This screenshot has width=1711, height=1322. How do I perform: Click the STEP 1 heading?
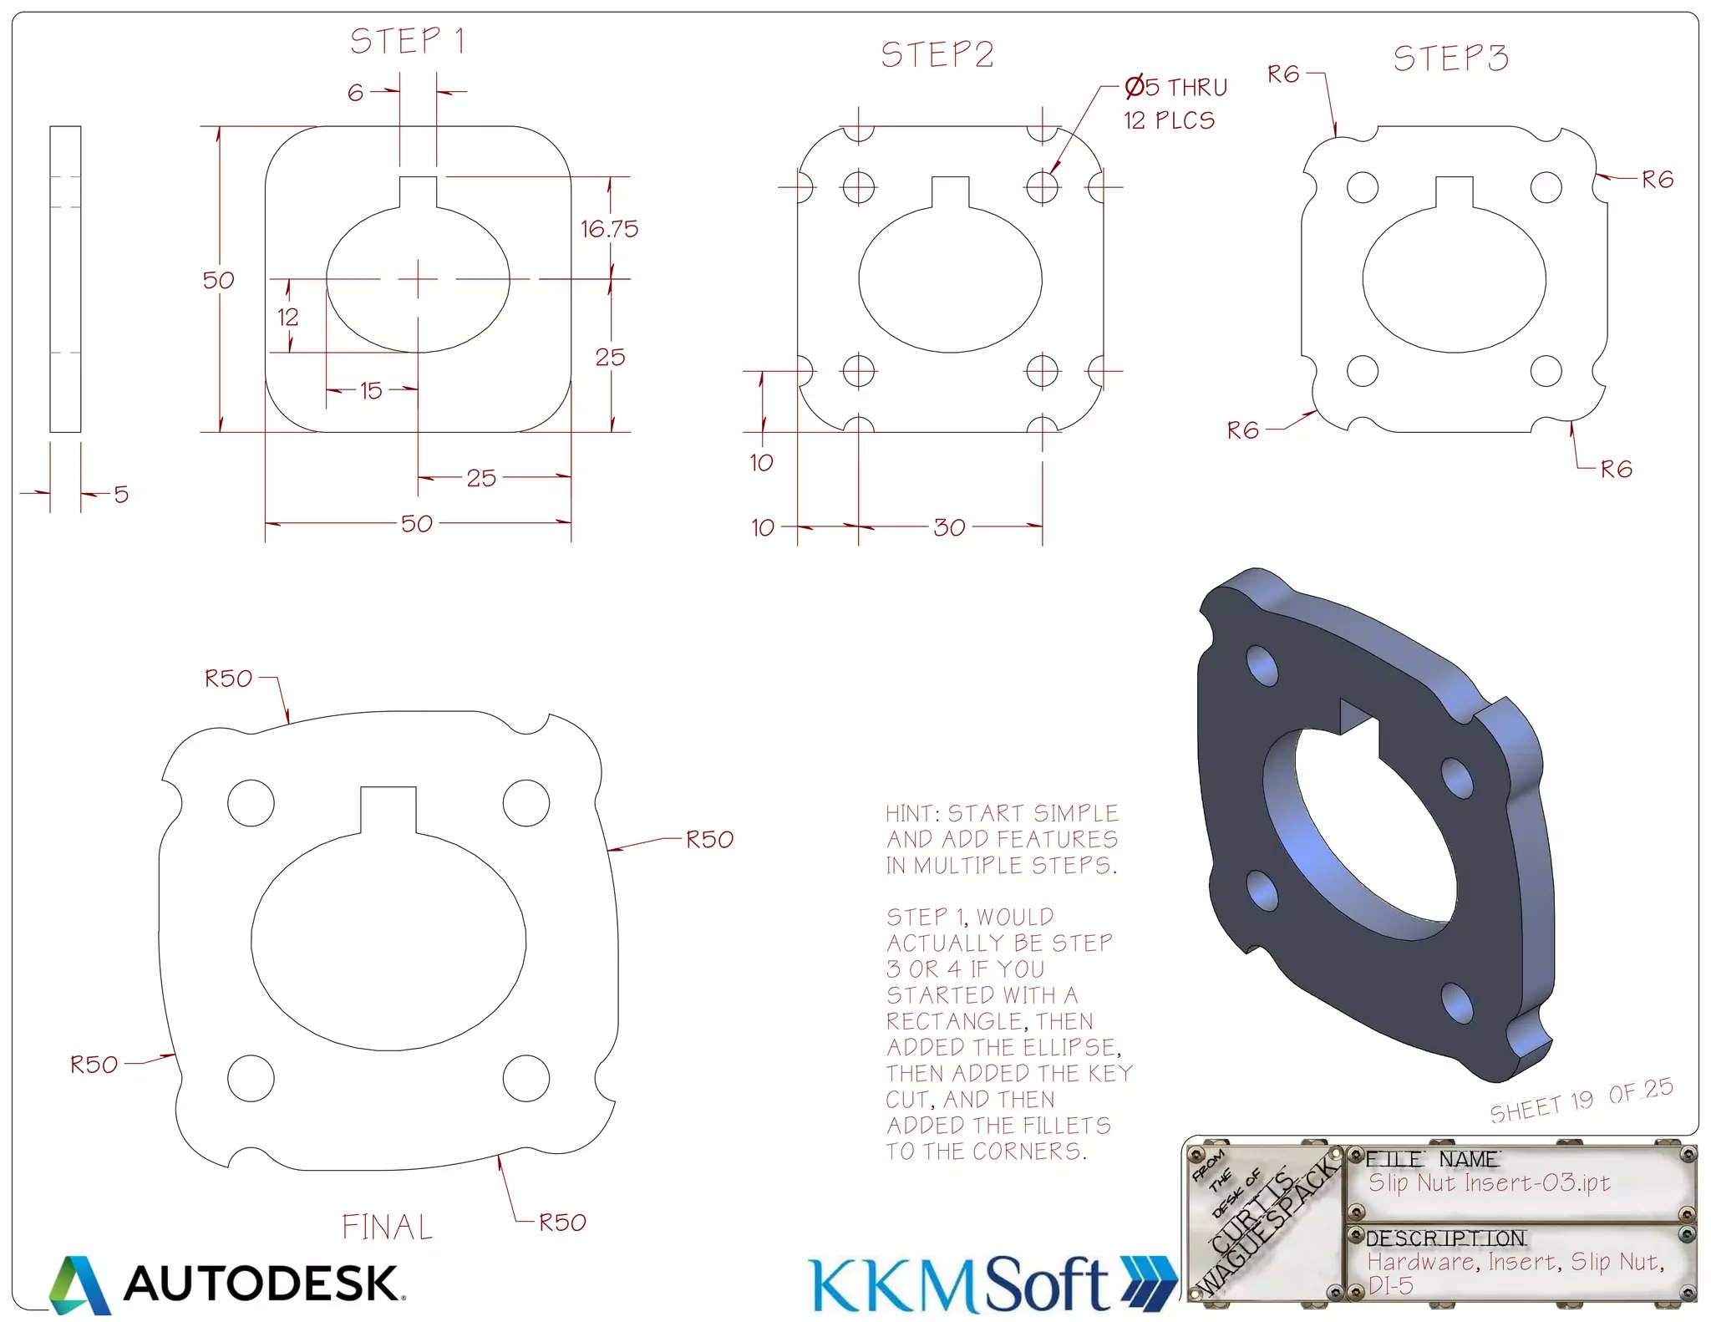pos(407,41)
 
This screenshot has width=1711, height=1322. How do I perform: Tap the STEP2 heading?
pos(937,55)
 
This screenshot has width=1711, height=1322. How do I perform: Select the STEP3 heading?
pos(1450,58)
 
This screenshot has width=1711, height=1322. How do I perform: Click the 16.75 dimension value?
pos(609,229)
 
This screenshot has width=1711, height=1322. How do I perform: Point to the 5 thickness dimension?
pos(121,495)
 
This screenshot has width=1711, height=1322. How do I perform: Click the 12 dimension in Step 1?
pos(287,318)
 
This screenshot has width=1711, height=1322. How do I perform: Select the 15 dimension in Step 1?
pos(371,390)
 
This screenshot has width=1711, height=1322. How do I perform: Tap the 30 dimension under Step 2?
pos(949,527)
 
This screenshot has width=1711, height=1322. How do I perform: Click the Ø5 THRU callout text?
pos(1175,87)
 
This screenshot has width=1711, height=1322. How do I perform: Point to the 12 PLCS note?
pos(1169,121)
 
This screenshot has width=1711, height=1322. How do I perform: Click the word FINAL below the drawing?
pos(387,1227)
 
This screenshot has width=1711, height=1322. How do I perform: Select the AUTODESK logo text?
pos(261,1284)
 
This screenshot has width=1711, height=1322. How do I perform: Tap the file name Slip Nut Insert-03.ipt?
pos(1489,1182)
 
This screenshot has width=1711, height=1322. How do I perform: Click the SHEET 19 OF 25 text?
pos(1581,1101)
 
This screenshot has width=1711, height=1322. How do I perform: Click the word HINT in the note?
pos(911,813)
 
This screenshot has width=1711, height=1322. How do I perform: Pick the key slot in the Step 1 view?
pos(418,192)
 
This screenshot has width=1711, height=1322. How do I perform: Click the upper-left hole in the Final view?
pos(251,802)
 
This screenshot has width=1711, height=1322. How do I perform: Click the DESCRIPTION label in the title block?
pos(1445,1238)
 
